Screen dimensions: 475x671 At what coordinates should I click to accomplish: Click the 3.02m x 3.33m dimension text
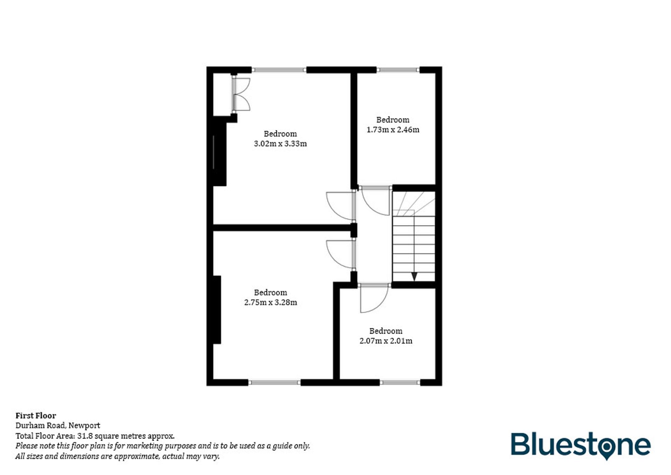pos(280,144)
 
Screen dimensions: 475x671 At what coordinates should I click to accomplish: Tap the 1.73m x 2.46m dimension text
pos(393,130)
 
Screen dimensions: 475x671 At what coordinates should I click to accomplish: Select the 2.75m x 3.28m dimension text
pos(270,302)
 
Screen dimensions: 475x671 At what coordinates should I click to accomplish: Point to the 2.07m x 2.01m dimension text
pos(386,341)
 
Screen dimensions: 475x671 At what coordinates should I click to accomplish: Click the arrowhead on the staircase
pos(414,276)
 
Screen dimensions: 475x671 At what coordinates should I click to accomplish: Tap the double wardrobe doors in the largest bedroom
pos(242,94)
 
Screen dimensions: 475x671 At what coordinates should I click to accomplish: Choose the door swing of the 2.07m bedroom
pos(373,299)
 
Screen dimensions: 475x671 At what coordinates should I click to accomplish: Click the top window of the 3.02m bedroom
pos(279,70)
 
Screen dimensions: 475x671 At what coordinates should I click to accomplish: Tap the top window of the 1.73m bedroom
pos(398,70)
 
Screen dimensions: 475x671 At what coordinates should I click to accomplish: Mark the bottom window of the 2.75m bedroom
pos(274,382)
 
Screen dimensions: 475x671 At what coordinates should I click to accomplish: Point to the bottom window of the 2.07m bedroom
pos(400,382)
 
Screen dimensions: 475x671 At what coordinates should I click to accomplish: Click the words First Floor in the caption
pos(36,416)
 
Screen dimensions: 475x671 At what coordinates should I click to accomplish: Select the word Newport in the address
pos(84,425)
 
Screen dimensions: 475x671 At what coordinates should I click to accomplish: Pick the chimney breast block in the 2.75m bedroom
pos(217,310)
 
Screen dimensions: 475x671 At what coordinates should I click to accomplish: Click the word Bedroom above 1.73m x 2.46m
pos(393,120)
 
